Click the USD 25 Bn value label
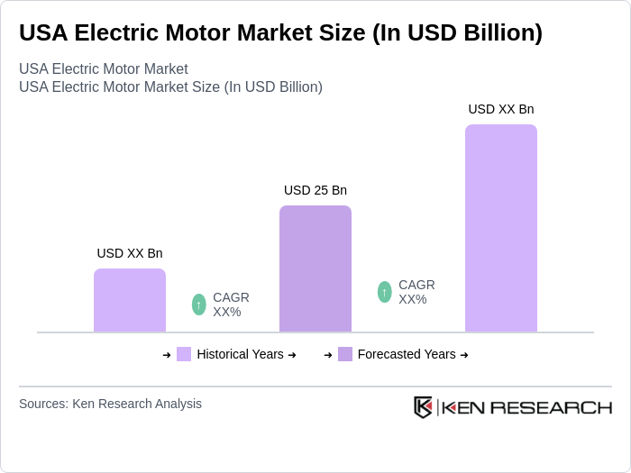pos(315,190)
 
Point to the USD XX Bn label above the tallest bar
pos(500,109)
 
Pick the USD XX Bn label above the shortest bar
pos(130,253)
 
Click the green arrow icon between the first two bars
pos(199,305)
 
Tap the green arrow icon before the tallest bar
pos(385,292)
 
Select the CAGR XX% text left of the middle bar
pos(231,305)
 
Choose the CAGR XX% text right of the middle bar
pos(416,292)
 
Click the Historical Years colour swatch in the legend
pos(184,354)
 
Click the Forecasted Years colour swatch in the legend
pos(345,354)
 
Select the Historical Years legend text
pos(240,354)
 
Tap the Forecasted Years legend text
pos(407,354)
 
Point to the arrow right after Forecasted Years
pos(464,355)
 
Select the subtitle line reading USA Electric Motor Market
pos(104,69)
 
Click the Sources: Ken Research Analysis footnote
pos(110,404)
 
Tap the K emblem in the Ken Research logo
pos(423,407)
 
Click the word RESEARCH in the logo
pos(559,407)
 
